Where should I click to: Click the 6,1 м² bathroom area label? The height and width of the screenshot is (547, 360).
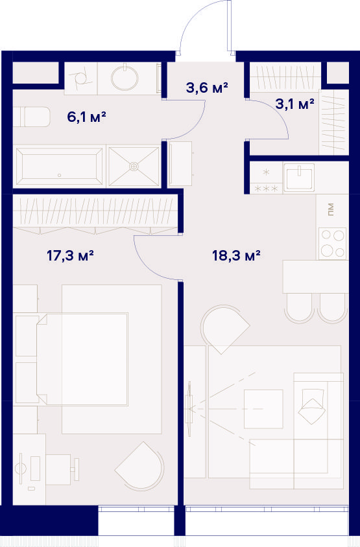coord(86,117)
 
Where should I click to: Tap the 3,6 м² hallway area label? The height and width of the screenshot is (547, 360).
coord(207,88)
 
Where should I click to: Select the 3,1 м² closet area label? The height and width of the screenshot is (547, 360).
coord(294,104)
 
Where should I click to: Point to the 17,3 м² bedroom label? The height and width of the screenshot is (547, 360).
coord(70,256)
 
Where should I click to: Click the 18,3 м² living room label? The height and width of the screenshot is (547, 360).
coord(236,256)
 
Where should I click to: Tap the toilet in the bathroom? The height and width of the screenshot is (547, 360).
coord(32,117)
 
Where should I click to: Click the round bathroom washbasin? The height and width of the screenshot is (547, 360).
coord(125,78)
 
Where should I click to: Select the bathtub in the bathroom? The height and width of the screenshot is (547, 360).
coord(60,167)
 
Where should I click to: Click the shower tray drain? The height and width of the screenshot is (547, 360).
coord(134,167)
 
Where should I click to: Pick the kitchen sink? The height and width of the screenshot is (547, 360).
coord(298,178)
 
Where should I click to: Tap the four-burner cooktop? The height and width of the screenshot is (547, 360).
coord(332,244)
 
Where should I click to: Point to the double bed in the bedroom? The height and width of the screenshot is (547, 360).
coord(82,359)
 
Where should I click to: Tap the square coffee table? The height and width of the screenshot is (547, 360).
coord(263,409)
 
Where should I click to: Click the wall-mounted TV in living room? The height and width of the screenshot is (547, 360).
coord(189,409)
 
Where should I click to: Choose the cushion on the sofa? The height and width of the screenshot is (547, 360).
coord(311,407)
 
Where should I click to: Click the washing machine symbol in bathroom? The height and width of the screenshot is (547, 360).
coord(80,78)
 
